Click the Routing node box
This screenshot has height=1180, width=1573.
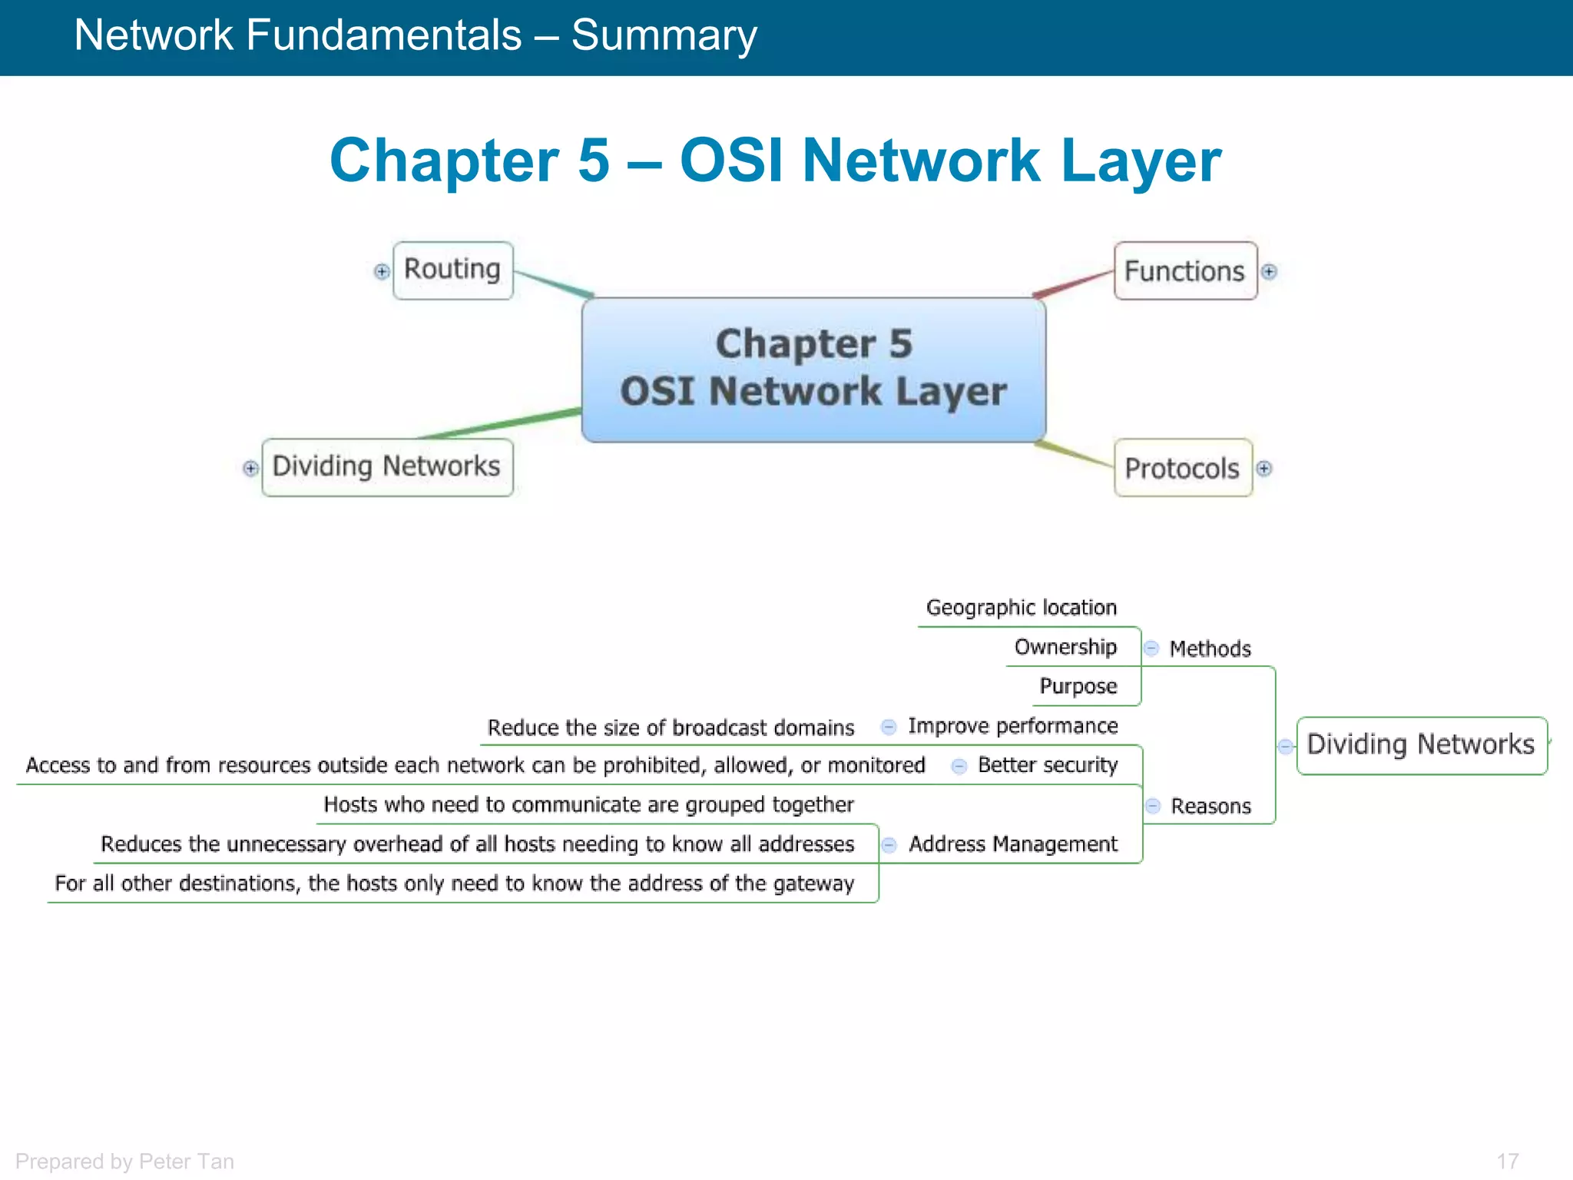tap(452, 270)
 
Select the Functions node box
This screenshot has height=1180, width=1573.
tap(1184, 271)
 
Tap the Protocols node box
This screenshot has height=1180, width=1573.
tap(1182, 468)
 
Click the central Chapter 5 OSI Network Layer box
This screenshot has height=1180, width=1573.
tap(813, 369)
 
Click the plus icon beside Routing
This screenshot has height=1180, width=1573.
tap(382, 271)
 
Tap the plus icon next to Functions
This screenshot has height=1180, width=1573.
tap(1270, 271)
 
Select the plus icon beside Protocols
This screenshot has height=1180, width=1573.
tap(1264, 468)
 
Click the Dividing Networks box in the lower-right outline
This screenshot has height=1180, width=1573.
tap(1421, 744)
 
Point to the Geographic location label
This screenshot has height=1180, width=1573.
tap(1021, 608)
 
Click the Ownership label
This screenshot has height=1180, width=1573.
tap(1065, 647)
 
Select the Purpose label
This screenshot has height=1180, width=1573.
tap(1078, 686)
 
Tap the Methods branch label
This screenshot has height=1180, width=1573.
tap(1210, 649)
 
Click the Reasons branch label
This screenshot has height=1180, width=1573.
tap(1210, 806)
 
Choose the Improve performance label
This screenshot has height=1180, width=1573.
tap(1012, 726)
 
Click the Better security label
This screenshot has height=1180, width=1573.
tap(1047, 765)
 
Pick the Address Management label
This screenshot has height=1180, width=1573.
tap(1012, 844)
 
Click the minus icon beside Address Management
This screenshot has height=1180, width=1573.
tap(889, 845)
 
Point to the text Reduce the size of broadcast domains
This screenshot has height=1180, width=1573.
tap(671, 728)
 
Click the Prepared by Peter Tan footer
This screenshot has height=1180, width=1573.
tap(124, 1161)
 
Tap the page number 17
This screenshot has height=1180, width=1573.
tap(1507, 1161)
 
